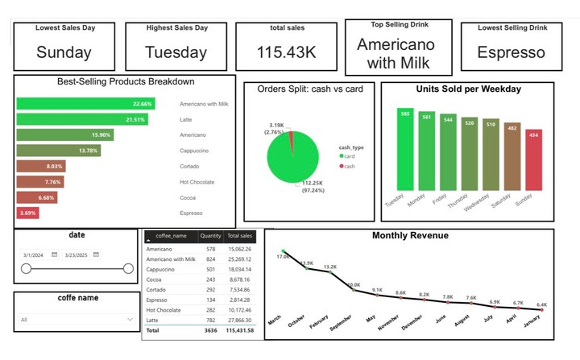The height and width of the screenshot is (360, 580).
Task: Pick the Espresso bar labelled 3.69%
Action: (x=28, y=213)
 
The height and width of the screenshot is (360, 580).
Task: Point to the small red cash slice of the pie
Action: (x=292, y=136)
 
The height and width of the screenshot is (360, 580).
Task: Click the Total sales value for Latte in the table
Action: (x=239, y=320)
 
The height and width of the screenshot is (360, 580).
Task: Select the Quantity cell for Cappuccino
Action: (x=211, y=270)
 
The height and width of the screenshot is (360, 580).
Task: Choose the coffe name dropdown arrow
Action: (x=130, y=320)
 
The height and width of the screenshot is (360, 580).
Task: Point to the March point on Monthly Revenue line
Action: (x=284, y=251)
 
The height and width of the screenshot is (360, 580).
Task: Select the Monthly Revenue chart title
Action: (x=410, y=236)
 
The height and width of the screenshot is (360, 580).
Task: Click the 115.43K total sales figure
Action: (x=287, y=52)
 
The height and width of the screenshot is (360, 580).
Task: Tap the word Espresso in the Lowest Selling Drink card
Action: (x=511, y=52)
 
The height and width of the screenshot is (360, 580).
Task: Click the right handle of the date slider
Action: (x=128, y=269)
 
